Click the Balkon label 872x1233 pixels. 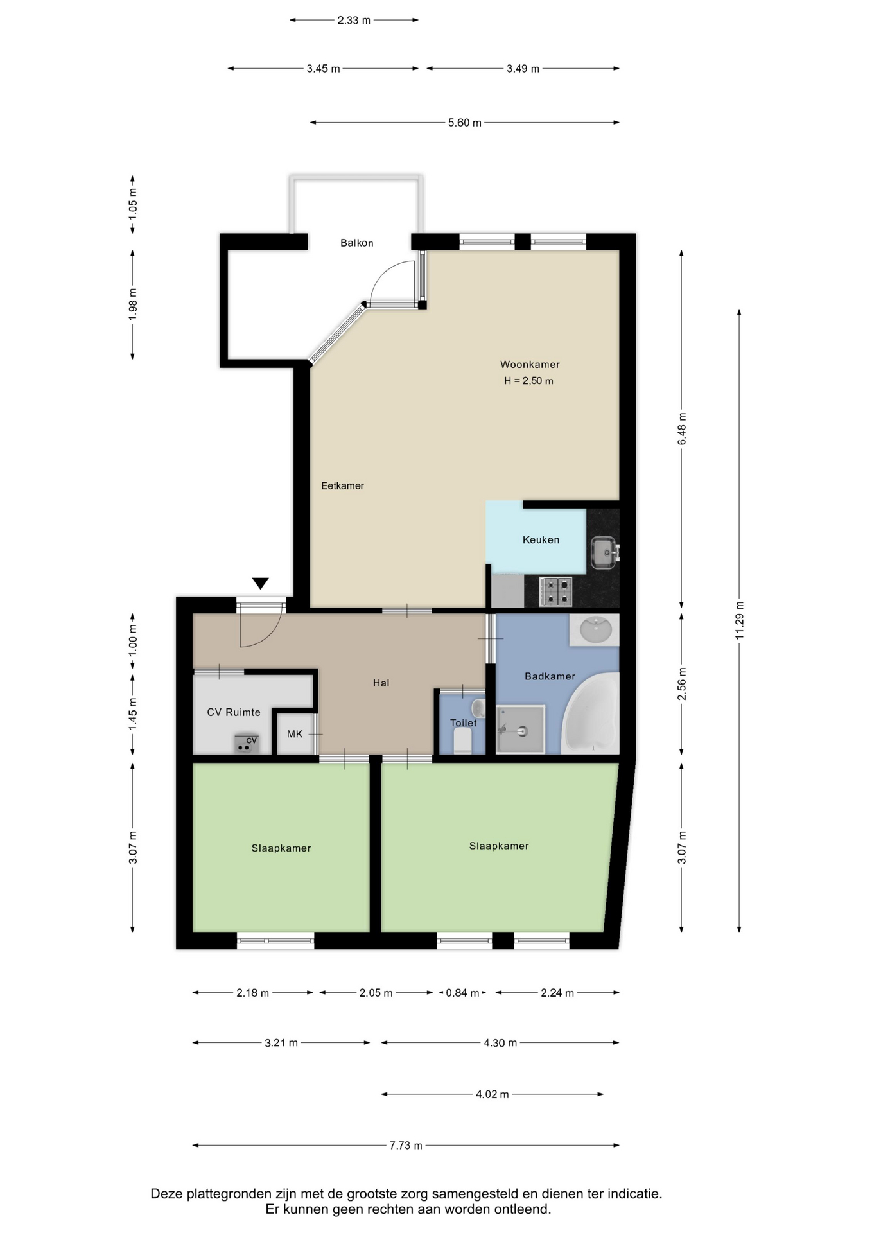356,243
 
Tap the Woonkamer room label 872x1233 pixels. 530,364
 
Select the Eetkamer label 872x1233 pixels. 342,485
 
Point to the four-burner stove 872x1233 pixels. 555,591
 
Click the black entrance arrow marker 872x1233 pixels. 260,583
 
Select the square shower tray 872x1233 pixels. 521,729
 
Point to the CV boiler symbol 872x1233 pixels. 246,744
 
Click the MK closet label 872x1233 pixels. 295,733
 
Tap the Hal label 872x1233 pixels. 381,683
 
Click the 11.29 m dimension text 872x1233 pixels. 739,620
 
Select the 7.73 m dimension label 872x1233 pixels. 406,1145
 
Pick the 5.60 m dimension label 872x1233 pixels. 465,123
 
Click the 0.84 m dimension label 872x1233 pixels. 462,993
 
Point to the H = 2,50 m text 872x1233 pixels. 528,381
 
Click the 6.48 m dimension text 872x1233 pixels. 682,429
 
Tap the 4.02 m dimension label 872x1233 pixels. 493,1094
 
